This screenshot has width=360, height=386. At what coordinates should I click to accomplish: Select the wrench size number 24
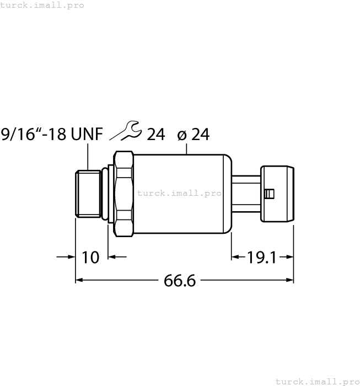156,134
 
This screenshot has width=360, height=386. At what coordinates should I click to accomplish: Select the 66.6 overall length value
180,280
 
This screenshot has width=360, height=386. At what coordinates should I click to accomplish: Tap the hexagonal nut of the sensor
123,194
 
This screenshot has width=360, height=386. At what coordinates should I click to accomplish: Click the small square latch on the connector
268,194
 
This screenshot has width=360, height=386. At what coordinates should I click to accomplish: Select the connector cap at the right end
278,194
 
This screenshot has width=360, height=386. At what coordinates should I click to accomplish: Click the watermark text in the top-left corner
42,5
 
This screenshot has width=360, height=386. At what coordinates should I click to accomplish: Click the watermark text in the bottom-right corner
317,381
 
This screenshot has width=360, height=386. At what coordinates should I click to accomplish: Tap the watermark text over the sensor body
179,194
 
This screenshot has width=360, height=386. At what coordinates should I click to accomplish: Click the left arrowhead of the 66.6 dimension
79,280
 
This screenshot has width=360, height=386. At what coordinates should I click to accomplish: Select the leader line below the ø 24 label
188,148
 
